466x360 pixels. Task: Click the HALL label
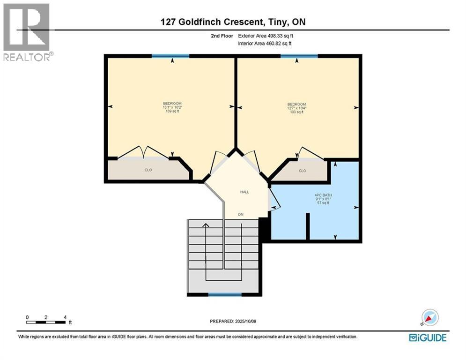click(x=244, y=192)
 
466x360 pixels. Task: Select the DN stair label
click(x=241, y=215)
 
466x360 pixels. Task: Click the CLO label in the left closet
click(x=148, y=170)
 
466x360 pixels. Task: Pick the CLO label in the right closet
click(x=303, y=171)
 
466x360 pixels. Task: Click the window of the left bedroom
click(x=170, y=56)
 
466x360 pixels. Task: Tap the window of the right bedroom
click(x=299, y=56)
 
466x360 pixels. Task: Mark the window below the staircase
click(x=225, y=294)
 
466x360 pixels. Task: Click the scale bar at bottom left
click(x=46, y=322)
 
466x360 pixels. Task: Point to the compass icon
click(x=430, y=318)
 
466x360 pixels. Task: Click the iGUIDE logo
click(x=427, y=337)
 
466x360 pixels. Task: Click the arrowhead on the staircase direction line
click(x=205, y=225)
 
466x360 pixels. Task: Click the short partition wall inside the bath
click(x=308, y=226)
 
